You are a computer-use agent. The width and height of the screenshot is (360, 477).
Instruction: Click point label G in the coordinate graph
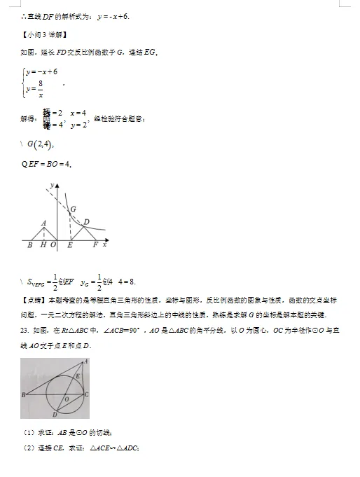pyautogui.click(x=73, y=209)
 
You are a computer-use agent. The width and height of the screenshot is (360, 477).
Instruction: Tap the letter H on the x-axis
pyautogui.click(x=43, y=246)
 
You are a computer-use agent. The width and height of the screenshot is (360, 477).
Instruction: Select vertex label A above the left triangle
pyautogui.click(x=44, y=223)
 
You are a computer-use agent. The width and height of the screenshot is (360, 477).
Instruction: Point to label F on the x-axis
pyautogui.click(x=95, y=246)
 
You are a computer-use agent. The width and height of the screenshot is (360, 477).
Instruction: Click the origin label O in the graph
pyautogui.click(x=52, y=246)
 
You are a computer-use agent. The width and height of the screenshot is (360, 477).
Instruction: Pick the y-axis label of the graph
pyautogui.click(x=52, y=184)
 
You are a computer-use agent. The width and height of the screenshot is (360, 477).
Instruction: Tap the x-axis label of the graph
pyautogui.click(x=104, y=245)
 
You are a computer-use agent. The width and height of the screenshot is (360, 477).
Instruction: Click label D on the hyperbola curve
pyautogui.click(x=86, y=223)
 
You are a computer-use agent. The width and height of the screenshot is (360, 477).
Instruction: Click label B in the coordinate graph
pyautogui.click(x=29, y=246)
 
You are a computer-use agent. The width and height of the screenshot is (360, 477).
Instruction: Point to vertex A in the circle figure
pyautogui.click(x=86, y=361)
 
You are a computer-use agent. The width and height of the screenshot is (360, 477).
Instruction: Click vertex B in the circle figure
pyautogui.click(x=24, y=395)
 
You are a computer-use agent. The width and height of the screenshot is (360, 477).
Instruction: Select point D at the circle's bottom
pyautogui.click(x=54, y=415)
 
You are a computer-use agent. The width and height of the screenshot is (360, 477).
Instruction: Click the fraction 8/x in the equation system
pyautogui.click(x=41, y=90)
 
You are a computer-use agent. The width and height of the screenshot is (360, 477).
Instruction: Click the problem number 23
pyautogui.click(x=24, y=329)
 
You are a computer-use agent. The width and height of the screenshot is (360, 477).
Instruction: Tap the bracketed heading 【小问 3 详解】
pyautogui.click(x=46, y=34)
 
